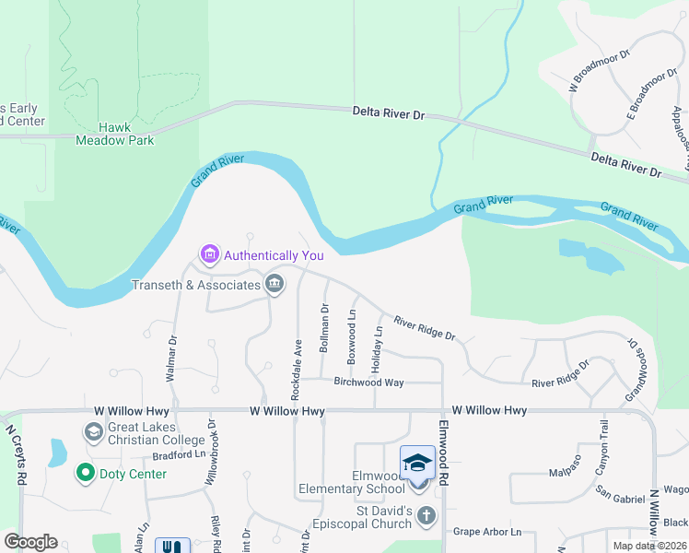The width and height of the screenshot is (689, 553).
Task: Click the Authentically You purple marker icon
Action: [x=209, y=253]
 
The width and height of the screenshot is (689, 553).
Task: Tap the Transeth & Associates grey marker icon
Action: [x=274, y=284]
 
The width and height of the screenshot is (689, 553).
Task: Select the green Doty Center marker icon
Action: [x=86, y=473]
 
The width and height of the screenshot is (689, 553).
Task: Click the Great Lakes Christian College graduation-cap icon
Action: [x=92, y=431]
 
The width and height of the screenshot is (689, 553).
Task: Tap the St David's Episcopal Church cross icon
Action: [x=426, y=516]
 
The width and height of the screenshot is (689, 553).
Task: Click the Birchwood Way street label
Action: [x=368, y=382]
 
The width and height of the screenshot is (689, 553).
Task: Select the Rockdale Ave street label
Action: [x=297, y=369]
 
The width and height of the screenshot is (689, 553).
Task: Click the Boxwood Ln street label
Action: [x=351, y=334]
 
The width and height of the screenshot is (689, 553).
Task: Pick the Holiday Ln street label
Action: [x=376, y=349]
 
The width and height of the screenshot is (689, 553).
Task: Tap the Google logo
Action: [x=30, y=542]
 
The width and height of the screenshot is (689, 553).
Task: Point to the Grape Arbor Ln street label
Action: [x=487, y=532]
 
